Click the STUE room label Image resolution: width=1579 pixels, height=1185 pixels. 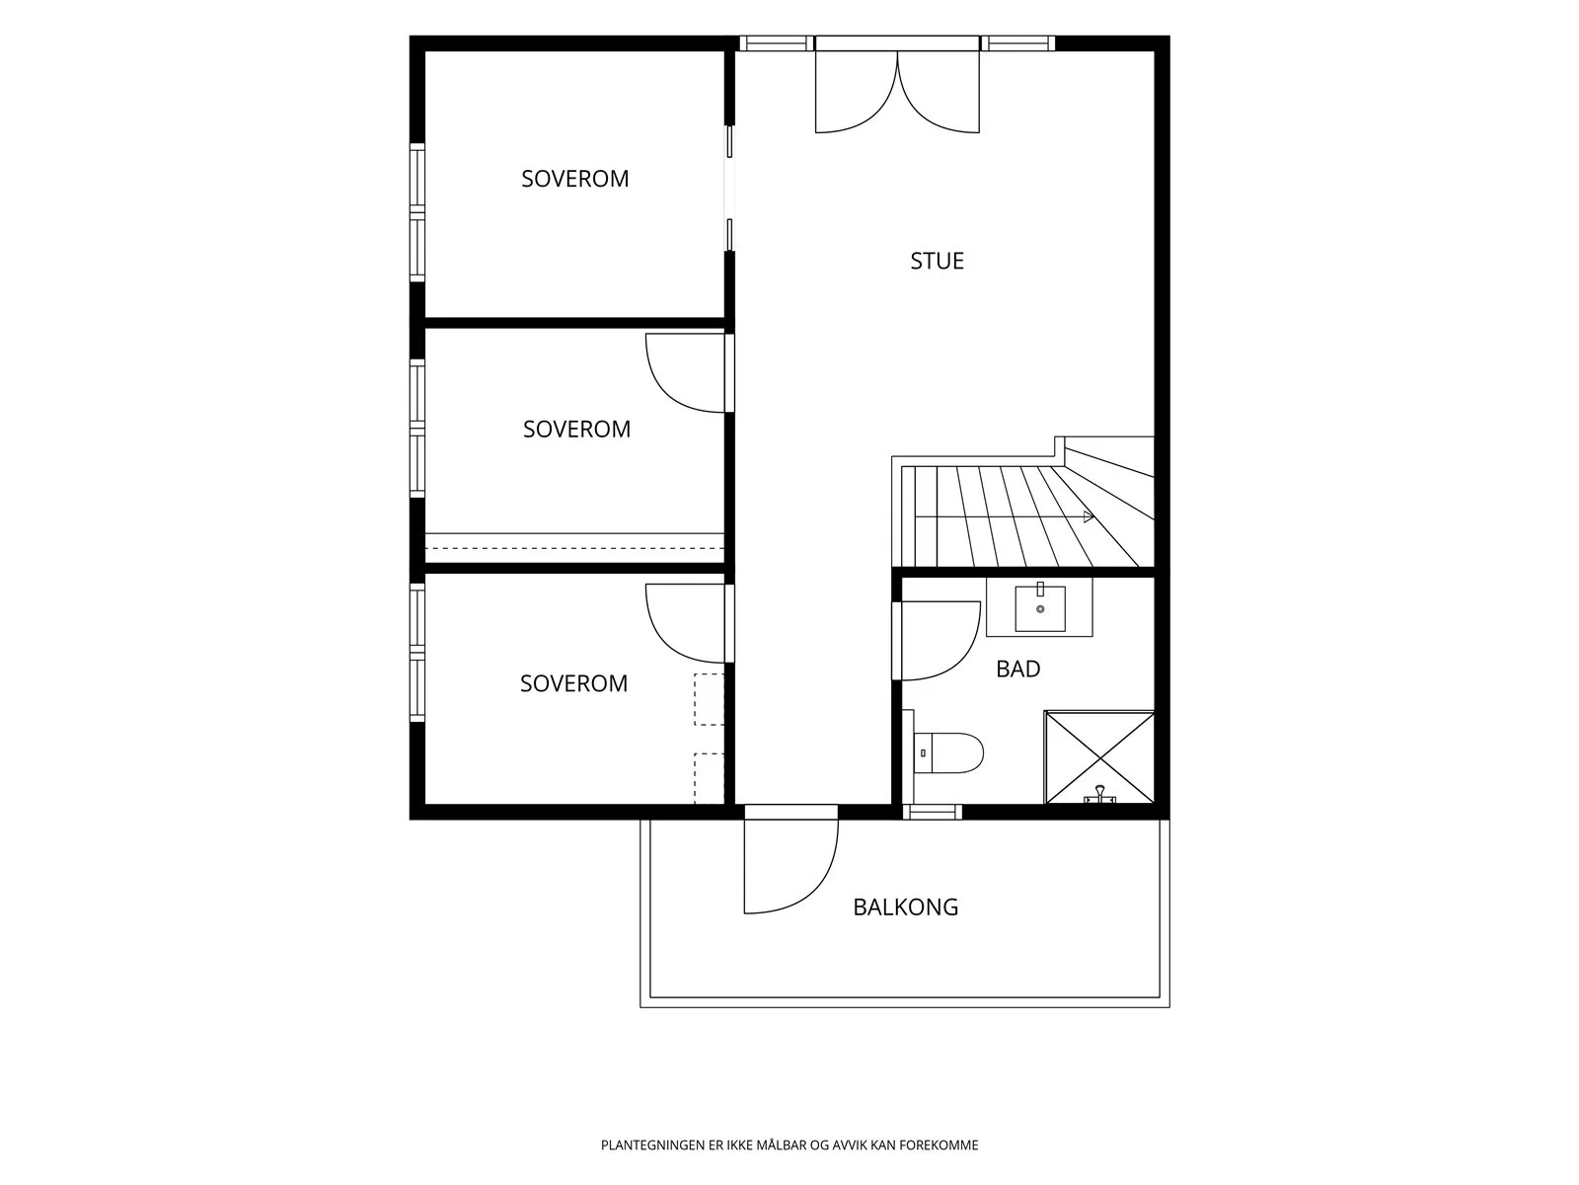point(937,261)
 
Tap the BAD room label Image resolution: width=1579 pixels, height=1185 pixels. point(1017,670)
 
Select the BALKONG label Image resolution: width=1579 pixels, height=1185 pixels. point(906,908)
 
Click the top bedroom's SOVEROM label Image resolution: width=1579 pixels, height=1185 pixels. point(574,179)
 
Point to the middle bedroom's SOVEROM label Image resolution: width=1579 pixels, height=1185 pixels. point(576,429)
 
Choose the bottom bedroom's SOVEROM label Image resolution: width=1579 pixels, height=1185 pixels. point(573,682)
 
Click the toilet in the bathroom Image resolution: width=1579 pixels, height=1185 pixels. point(948,752)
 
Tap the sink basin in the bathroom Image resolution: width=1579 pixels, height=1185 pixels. point(1040,608)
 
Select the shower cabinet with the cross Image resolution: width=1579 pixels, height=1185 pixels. point(1099,757)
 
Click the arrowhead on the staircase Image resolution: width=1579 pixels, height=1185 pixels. point(1089,516)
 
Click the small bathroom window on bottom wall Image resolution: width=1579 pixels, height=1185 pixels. point(933,813)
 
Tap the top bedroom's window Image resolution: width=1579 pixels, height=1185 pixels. point(417,212)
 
